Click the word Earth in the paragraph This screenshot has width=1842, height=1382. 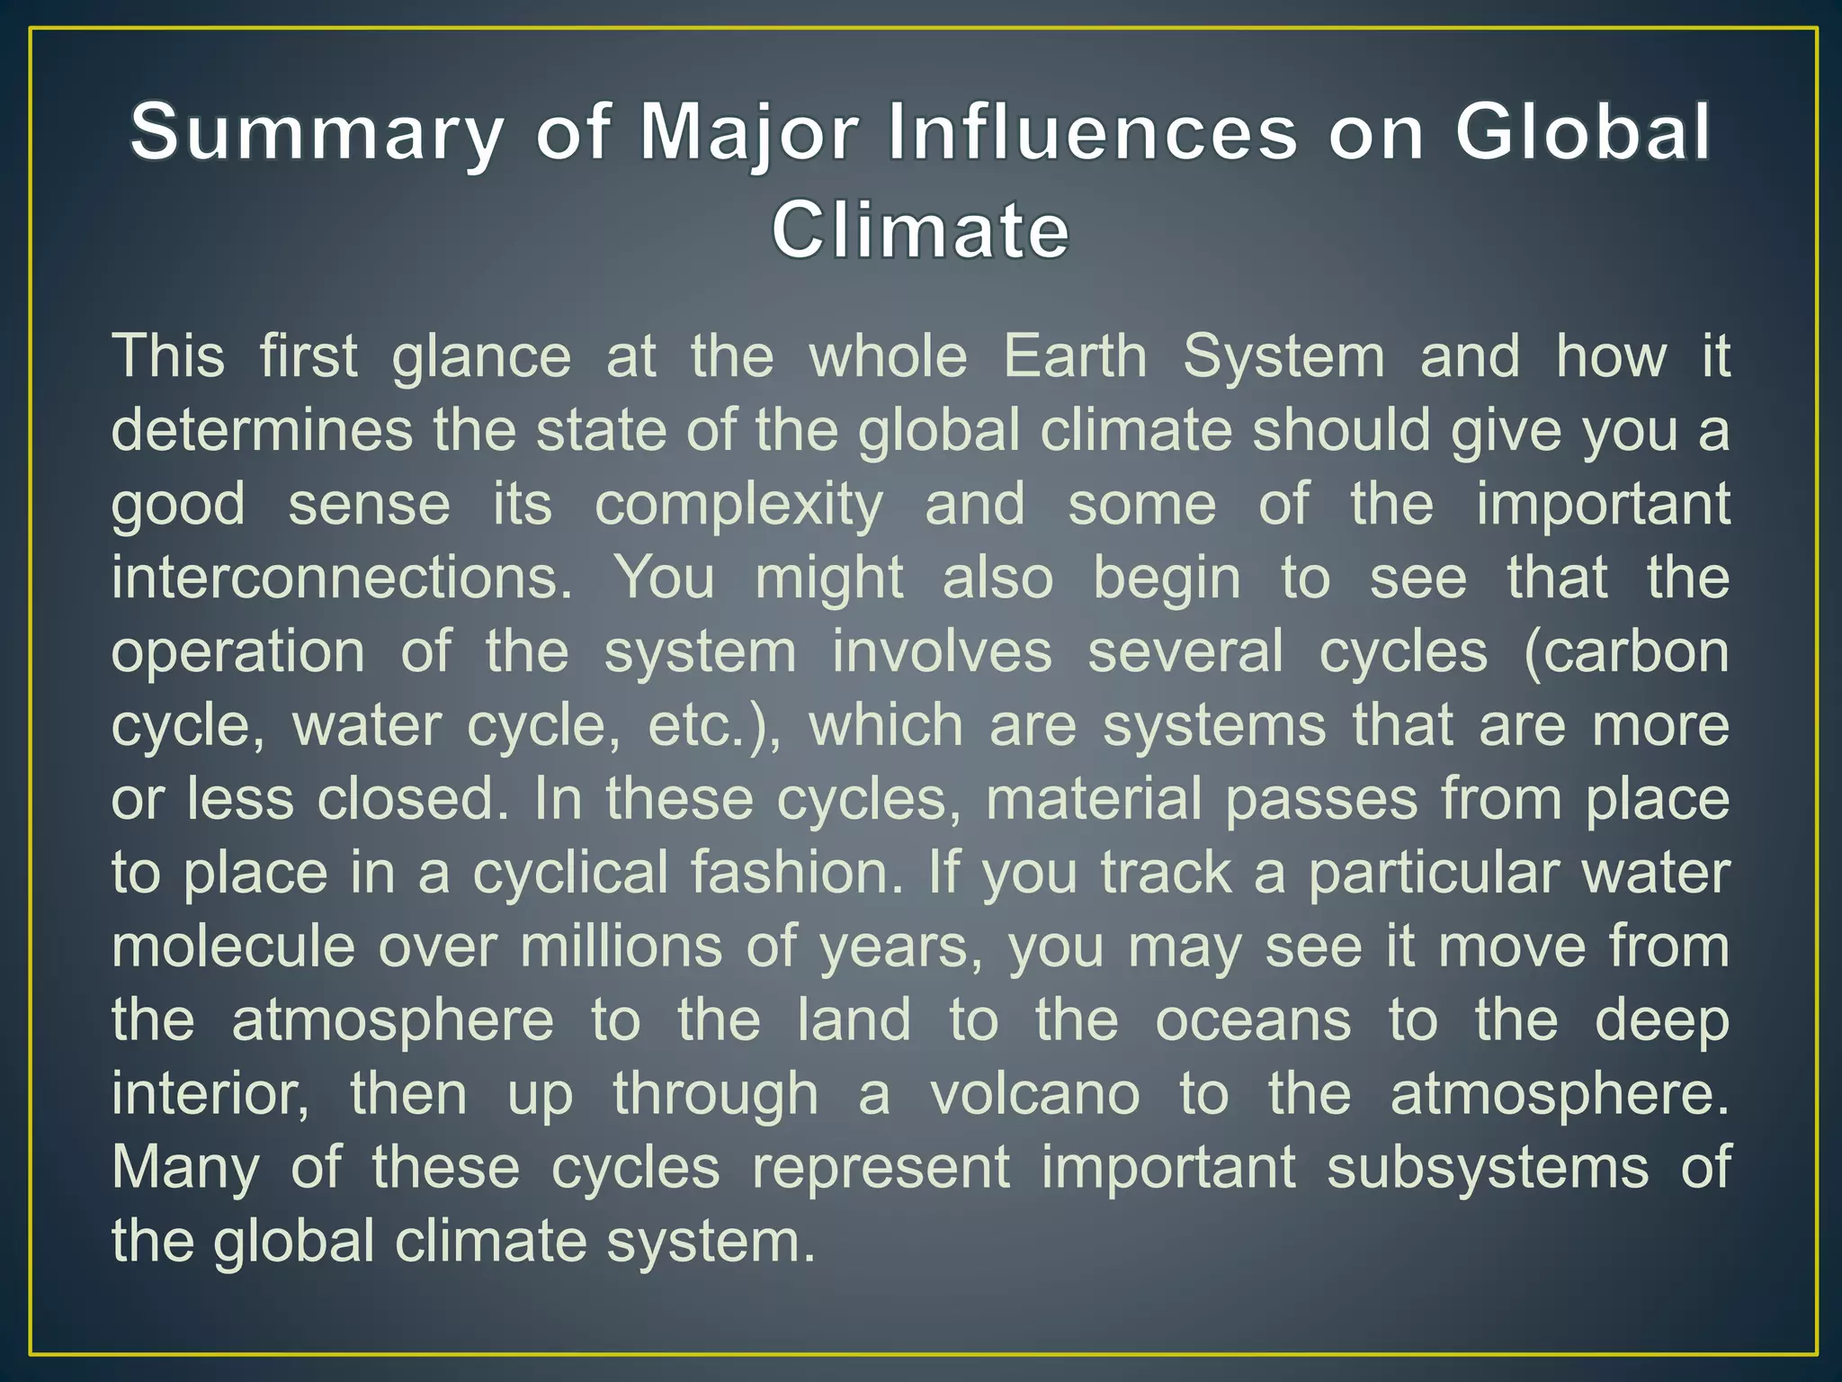point(1075,356)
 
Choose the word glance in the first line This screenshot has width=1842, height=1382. point(481,358)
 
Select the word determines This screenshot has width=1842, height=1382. point(261,430)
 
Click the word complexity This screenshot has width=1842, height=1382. point(739,506)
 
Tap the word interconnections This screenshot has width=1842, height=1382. point(342,578)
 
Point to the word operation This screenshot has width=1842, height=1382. point(238,653)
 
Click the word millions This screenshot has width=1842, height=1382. point(621,947)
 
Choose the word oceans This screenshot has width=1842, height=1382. point(1253,1020)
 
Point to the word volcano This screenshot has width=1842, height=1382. point(1034,1094)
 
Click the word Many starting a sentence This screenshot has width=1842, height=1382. point(185,1170)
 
